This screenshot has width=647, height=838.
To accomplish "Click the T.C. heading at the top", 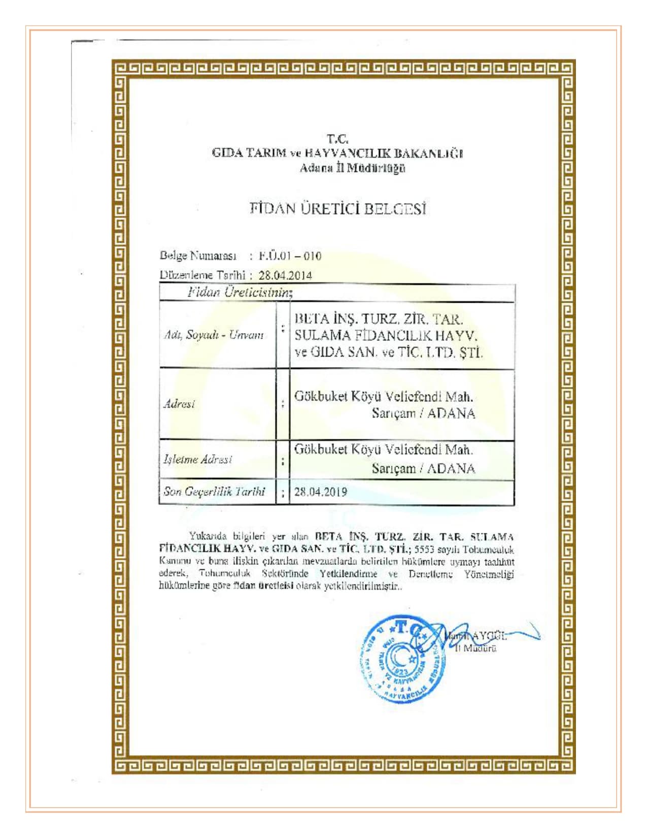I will pyautogui.click(x=337, y=138).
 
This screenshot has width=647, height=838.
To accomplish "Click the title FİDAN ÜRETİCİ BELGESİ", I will pyautogui.click(x=337, y=208).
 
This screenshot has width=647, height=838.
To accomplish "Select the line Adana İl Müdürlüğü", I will pyautogui.click(x=352, y=168).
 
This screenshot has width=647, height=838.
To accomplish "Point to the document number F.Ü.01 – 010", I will pyautogui.click(x=290, y=255).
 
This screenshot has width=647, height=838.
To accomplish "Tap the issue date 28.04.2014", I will pyautogui.click(x=285, y=275).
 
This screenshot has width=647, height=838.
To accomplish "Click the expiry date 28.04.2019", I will pyautogui.click(x=320, y=492).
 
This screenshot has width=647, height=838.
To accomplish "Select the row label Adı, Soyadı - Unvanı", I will pyautogui.click(x=214, y=335).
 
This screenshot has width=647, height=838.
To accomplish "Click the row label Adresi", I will pyautogui.click(x=179, y=404).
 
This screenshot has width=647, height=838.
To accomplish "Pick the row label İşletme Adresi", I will pyautogui.click(x=197, y=459).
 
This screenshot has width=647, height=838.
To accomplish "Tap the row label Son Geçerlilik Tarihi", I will pyautogui.click(x=214, y=491).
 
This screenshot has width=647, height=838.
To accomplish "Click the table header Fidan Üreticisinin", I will pyautogui.click(x=240, y=292).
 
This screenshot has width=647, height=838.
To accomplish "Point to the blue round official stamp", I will pyautogui.click(x=403, y=659).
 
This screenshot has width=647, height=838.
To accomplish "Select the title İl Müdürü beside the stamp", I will pyautogui.click(x=475, y=648).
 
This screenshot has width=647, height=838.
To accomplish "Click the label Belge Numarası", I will pyautogui.click(x=198, y=255).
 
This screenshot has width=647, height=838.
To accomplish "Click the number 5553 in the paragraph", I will pyautogui.click(x=424, y=549).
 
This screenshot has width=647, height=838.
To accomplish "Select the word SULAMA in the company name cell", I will pyautogui.click(x=322, y=335).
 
